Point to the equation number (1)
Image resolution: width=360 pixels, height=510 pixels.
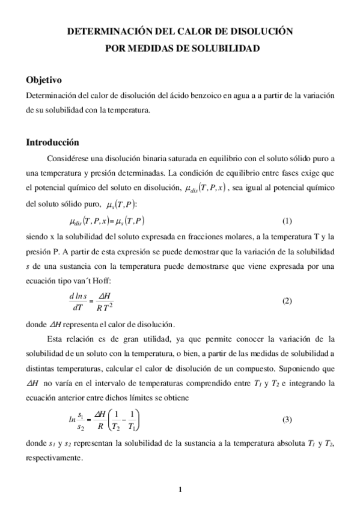point(287,221)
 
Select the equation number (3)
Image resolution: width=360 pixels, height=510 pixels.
point(287,419)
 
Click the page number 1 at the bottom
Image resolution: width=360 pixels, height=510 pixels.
point(180,488)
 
